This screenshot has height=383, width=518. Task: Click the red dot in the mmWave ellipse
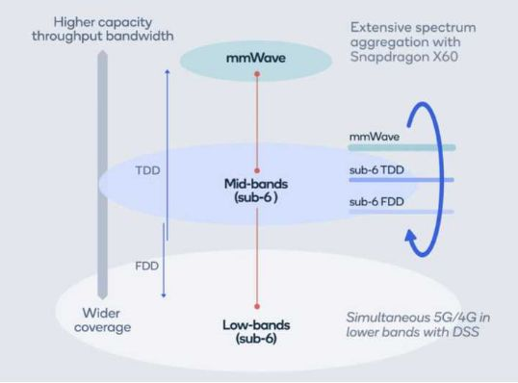click(x=256, y=74)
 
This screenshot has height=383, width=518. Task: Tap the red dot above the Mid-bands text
click(x=256, y=169)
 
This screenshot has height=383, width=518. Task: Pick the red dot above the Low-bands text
click(x=256, y=306)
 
